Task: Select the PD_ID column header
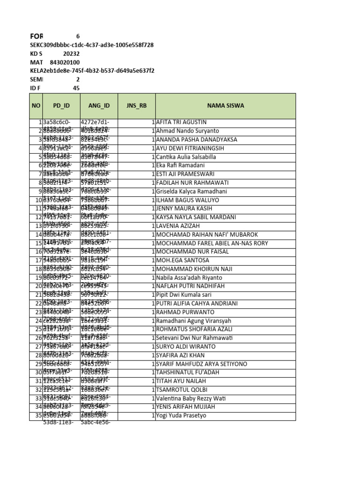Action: (61, 106)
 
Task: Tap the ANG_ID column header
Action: (99, 106)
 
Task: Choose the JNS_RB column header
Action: (136, 106)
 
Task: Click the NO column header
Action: (36, 106)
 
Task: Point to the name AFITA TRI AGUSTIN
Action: (181, 122)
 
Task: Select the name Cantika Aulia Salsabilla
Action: (186, 157)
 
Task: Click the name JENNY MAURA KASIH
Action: (182, 209)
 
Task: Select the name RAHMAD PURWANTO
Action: (182, 312)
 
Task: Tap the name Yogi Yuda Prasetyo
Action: (181, 416)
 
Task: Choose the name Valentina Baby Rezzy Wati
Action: (191, 398)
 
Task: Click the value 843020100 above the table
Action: (65, 62)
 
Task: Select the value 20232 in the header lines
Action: (71, 54)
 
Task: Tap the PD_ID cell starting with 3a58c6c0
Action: (56, 122)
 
